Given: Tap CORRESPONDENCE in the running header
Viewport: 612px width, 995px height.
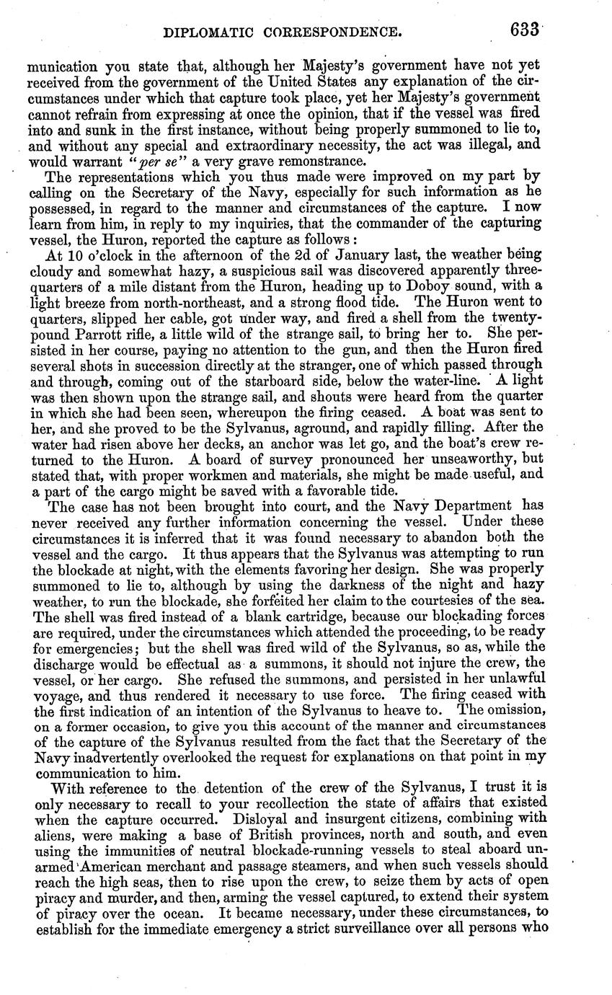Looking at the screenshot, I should click(341, 32).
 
